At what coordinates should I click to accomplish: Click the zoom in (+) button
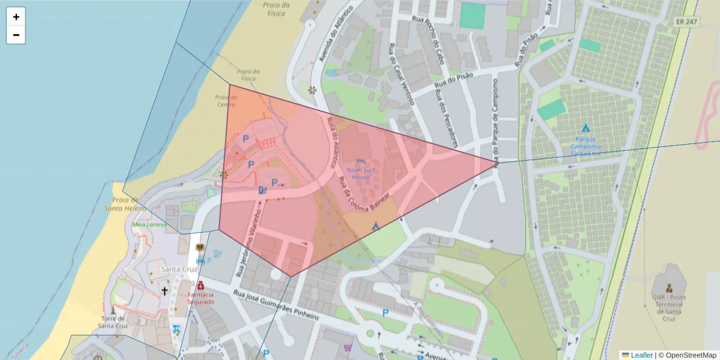[x=16, y=17]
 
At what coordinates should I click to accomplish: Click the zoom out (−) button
[x=16, y=35]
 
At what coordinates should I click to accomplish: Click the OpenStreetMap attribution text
[x=691, y=355]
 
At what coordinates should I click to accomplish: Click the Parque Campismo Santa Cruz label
[x=585, y=146]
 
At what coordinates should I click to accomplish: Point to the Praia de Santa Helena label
[x=125, y=204]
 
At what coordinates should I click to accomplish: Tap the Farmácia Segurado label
[x=200, y=298]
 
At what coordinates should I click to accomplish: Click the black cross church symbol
[x=164, y=291]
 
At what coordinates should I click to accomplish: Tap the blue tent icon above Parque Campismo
[x=586, y=128]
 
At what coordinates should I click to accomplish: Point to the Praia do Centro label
[x=226, y=101]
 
